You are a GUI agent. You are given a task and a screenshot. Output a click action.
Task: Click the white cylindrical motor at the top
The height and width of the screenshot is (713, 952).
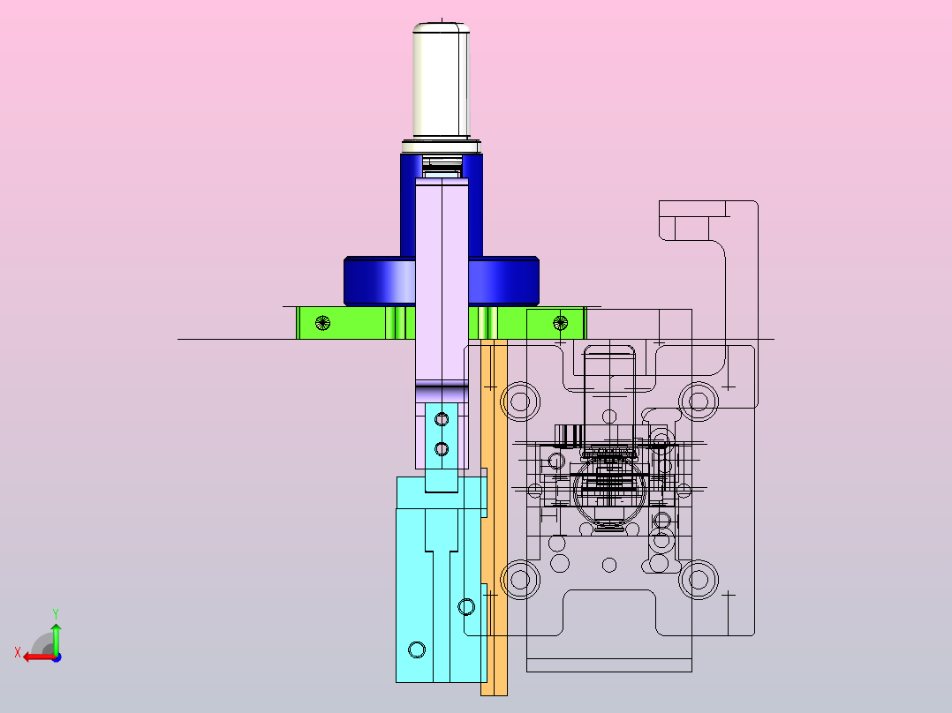tap(442, 80)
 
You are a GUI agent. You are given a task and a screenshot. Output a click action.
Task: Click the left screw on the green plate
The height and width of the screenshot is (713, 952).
tap(323, 323)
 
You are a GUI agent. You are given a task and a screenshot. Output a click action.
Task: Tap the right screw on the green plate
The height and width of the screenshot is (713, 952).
tap(561, 323)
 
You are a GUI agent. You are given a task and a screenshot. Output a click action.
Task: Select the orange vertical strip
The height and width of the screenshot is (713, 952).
tap(494, 517)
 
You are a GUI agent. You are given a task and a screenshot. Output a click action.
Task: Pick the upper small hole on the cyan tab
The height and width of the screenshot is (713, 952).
tap(442, 419)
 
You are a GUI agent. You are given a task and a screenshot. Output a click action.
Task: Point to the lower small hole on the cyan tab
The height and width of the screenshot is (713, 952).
tap(442, 449)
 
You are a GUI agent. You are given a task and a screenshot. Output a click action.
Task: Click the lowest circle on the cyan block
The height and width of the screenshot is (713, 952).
tap(417, 649)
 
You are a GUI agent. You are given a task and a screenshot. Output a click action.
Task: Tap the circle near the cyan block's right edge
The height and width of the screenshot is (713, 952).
tap(466, 606)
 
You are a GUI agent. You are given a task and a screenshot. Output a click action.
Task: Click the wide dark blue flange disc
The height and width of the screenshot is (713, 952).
tap(442, 281)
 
